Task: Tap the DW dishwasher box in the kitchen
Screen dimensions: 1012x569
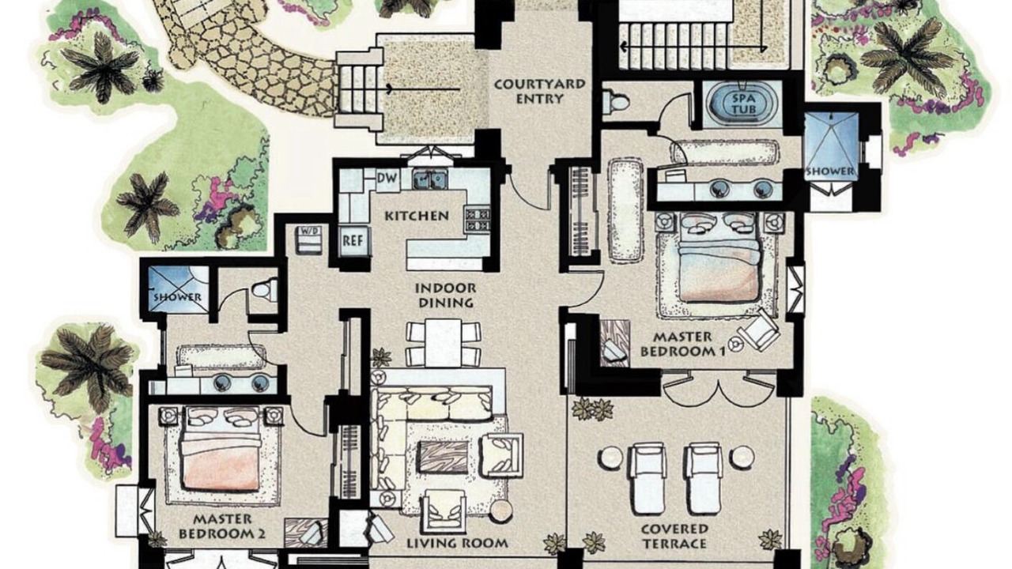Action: (387, 178)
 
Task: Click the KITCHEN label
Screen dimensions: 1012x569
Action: (417, 216)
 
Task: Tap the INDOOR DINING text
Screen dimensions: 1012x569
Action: (445, 295)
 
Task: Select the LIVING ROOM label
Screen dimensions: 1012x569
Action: (458, 543)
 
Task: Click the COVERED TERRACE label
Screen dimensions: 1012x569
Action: (674, 536)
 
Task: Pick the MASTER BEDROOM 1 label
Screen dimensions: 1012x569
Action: (682, 344)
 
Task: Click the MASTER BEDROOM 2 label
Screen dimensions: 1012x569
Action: (222, 526)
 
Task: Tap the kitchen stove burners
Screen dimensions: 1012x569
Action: (477, 219)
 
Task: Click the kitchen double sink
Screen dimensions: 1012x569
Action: (430, 179)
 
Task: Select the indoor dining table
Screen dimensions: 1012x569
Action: (444, 342)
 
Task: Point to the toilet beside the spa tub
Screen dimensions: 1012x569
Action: (616, 102)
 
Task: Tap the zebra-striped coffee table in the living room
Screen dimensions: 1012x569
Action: (444, 457)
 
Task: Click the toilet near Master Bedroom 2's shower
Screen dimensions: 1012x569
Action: (265, 288)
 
